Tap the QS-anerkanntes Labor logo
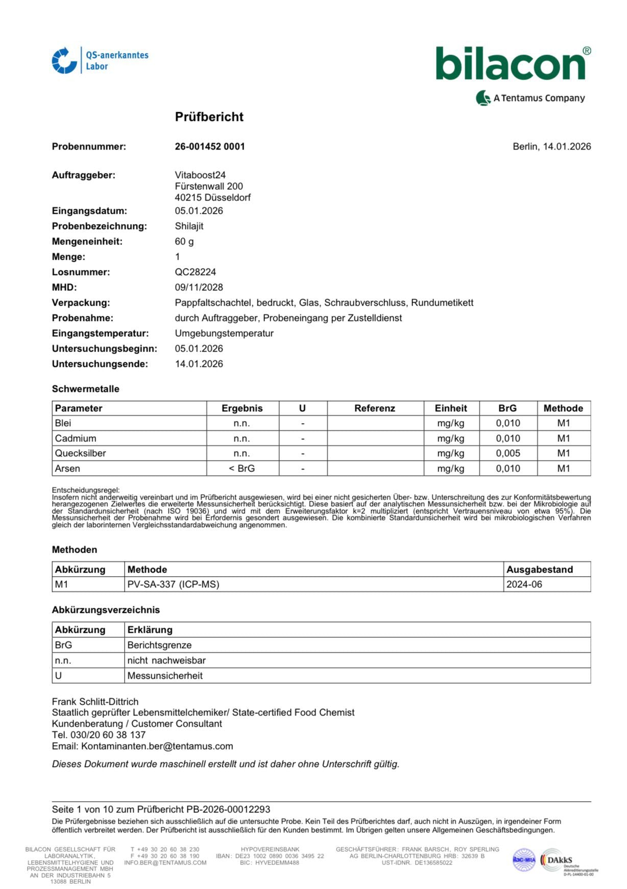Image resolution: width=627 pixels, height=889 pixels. pos(100,61)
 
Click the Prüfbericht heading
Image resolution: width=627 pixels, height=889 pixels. pos(209,117)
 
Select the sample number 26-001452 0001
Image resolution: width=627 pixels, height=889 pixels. pos(210,146)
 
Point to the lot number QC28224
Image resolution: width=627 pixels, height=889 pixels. pos(195,272)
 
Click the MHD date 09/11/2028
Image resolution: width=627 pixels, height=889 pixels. pos(199,287)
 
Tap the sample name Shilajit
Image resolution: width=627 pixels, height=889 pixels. pos(189,226)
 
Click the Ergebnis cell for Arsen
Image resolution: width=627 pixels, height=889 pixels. pos(242,468)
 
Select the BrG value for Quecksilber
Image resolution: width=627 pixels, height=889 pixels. pos(508,453)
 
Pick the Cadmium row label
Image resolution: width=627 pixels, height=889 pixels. pos(76,438)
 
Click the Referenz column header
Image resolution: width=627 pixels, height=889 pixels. pos(375,408)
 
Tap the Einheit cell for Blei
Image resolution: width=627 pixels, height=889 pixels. pos(451,423)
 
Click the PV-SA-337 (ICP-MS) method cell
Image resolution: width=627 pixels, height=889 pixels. pos(173,584)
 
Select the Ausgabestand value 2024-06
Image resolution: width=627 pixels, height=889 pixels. pos(524,584)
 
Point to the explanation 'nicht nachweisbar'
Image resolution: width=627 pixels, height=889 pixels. pos(166,660)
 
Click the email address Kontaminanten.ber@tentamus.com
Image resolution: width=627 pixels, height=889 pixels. pos(157,746)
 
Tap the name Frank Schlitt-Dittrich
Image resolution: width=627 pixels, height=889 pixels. pos(95,702)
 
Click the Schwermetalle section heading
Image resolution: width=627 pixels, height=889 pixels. pos(85,389)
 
